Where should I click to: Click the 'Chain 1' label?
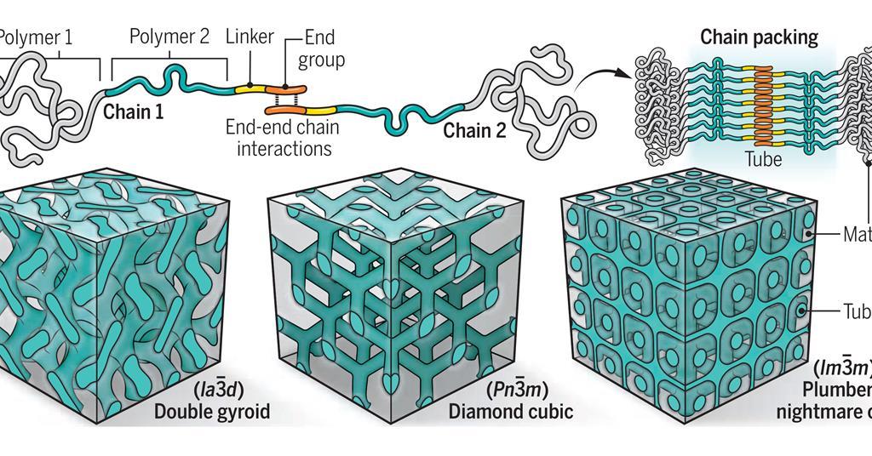[133, 111]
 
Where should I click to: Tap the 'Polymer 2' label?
[169, 37]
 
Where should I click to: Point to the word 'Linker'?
[250, 37]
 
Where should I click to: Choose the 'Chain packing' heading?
[758, 37]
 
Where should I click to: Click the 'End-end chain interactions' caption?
[282, 138]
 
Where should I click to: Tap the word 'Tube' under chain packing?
[762, 159]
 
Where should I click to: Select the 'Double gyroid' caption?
[212, 413]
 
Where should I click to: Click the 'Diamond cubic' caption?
[510, 413]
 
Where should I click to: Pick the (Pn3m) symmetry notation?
[518, 391]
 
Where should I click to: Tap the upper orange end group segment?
[288, 88]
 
